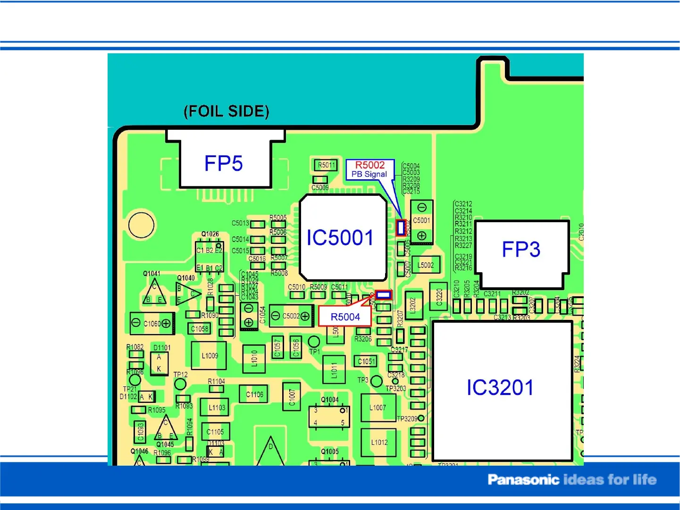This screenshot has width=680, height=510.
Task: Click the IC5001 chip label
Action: click(340, 238)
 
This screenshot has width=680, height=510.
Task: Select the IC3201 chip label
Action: click(500, 388)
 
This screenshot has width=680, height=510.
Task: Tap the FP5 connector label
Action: click(224, 164)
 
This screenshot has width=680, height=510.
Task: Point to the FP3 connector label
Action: click(521, 250)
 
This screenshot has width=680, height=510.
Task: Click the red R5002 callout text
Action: click(370, 165)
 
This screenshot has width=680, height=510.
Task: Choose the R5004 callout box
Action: click(345, 317)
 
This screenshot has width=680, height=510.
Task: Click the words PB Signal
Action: click(369, 174)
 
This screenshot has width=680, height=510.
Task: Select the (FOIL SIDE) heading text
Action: click(227, 111)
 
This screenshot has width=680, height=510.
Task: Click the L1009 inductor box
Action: click(210, 356)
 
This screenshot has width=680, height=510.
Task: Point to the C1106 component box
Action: click(254, 394)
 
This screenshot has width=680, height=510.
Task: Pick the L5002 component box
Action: click(426, 265)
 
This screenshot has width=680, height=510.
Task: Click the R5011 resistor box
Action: click(327, 165)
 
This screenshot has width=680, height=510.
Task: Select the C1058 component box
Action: click(200, 329)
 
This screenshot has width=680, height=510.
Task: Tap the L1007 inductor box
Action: click(378, 408)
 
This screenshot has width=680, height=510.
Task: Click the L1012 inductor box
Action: click(379, 443)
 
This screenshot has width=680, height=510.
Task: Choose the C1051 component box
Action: click(366, 361)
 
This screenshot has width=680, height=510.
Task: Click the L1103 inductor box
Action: click(217, 408)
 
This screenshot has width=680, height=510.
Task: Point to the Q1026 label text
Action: click(210, 234)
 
